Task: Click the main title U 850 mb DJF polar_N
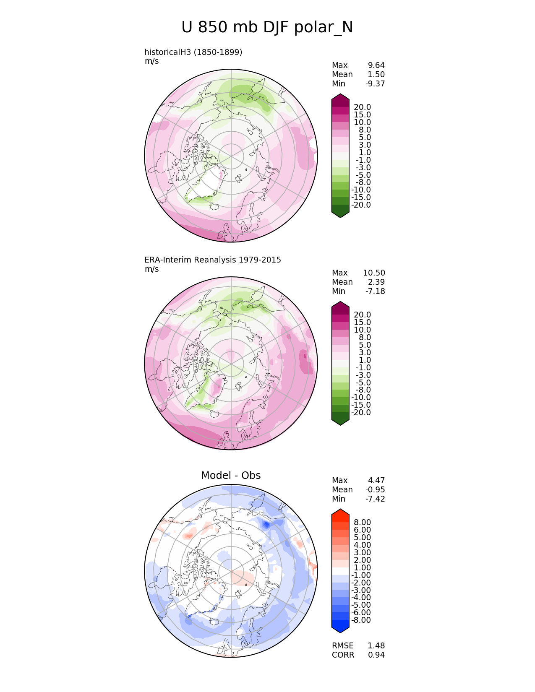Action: tap(267, 28)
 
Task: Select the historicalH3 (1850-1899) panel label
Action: tap(193, 52)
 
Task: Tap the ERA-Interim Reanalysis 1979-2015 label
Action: tap(212, 260)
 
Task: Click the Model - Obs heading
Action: tap(231, 475)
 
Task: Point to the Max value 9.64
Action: tap(376, 65)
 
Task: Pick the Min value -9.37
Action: tap(375, 83)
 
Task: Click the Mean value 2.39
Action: tap(376, 282)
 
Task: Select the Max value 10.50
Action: tap(374, 273)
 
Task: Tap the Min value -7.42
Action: tap(375, 499)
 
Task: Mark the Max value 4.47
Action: tap(376, 480)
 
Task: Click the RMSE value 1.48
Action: tap(376, 645)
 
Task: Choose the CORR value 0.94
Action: tap(376, 655)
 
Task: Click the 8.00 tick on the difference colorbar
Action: tap(362, 522)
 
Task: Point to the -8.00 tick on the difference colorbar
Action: tap(361, 620)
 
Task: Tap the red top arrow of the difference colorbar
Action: tap(340, 513)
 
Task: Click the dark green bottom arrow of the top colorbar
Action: tap(340, 213)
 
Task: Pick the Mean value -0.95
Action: tap(375, 489)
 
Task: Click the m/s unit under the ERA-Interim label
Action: tap(151, 269)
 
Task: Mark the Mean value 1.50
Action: tap(376, 74)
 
